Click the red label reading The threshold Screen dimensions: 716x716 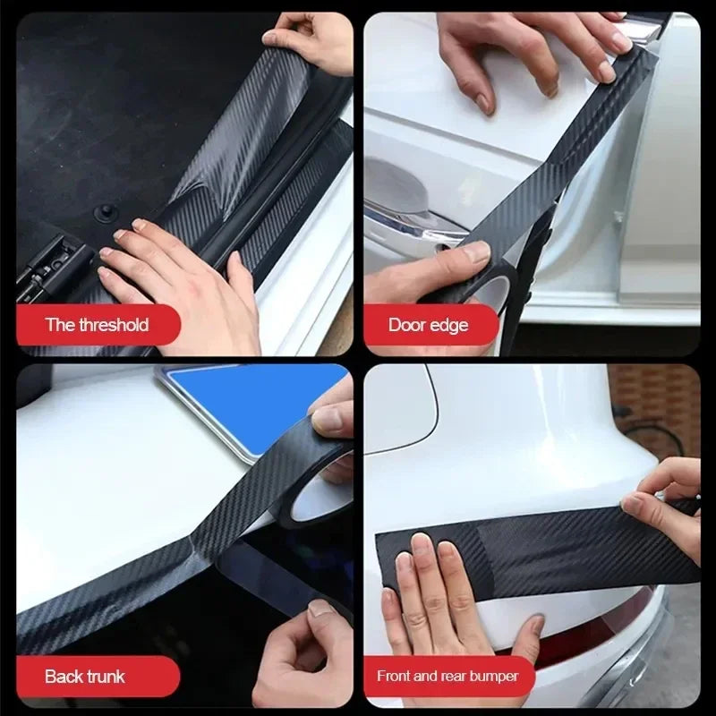tap(98, 325)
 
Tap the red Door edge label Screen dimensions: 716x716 tap(429, 325)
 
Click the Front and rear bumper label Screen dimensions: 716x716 tap(447, 676)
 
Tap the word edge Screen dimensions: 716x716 tap(450, 325)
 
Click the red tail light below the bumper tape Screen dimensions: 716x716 tap(591, 640)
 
